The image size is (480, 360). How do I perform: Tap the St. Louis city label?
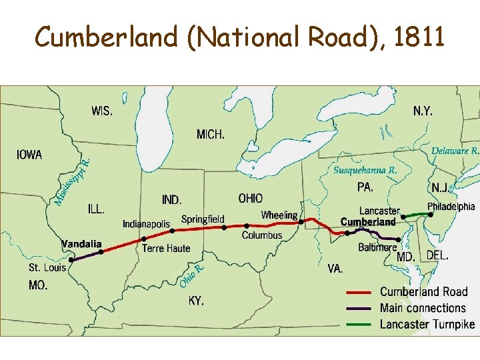47,267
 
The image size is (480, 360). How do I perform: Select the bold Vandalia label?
81,244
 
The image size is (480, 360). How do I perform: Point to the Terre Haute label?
166,249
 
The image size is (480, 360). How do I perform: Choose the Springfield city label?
203,219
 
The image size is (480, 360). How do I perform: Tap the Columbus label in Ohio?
262,235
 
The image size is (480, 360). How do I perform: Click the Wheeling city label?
279,215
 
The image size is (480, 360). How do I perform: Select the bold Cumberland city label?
368,221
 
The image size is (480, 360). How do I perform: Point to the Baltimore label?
377,247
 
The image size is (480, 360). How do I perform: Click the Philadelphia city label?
451,206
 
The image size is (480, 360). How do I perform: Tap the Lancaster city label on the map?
379,211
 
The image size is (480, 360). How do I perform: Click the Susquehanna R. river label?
365,170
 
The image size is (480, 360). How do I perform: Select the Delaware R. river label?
455,151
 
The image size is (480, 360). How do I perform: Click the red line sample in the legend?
359,292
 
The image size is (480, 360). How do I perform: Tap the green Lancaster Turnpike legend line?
359,325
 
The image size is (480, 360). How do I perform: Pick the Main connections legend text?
423,308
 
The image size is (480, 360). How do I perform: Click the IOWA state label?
29,155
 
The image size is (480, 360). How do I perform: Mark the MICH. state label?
211,135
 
